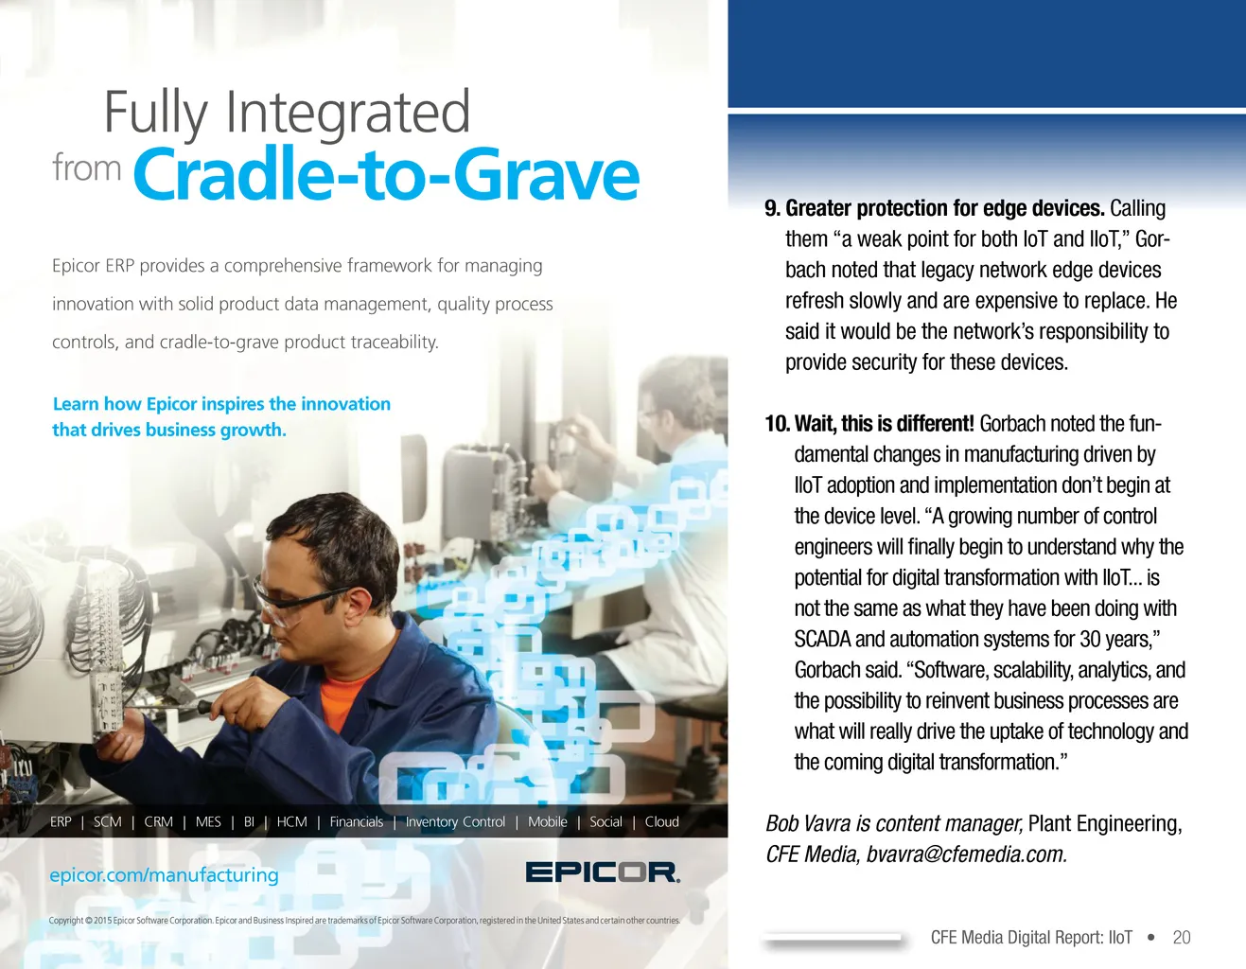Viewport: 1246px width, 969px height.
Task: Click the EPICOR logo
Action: click(x=603, y=872)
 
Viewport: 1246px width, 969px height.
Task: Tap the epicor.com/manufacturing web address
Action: click(x=164, y=875)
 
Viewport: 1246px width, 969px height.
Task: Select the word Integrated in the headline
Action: click(x=348, y=112)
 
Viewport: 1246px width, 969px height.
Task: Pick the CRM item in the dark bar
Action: click(x=158, y=821)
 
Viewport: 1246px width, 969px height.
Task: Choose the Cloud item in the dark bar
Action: click(x=661, y=821)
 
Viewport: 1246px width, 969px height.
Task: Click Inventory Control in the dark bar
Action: click(x=455, y=821)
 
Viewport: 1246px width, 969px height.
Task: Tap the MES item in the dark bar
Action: click(x=208, y=821)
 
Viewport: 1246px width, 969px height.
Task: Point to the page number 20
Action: click(x=1182, y=937)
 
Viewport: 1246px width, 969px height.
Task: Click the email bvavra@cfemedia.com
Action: click(x=966, y=854)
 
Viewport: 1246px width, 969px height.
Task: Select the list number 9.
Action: click(x=772, y=208)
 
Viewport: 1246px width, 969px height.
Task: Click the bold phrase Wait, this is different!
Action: click(x=885, y=424)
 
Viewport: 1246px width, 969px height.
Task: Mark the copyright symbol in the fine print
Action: click(x=89, y=920)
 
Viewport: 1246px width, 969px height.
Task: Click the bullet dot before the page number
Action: click(x=1150, y=937)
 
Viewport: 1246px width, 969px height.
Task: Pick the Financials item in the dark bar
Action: click(x=356, y=821)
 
